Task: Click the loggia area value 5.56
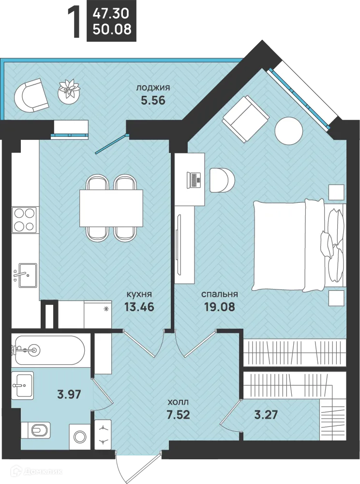point(153,100)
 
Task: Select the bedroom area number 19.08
point(220,307)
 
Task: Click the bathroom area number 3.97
point(69,394)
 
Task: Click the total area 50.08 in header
point(112,29)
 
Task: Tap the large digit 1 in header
point(75,24)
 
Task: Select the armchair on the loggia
point(31,95)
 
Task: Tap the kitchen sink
point(25,275)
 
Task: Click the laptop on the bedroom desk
point(194,180)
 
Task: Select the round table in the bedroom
point(288,131)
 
